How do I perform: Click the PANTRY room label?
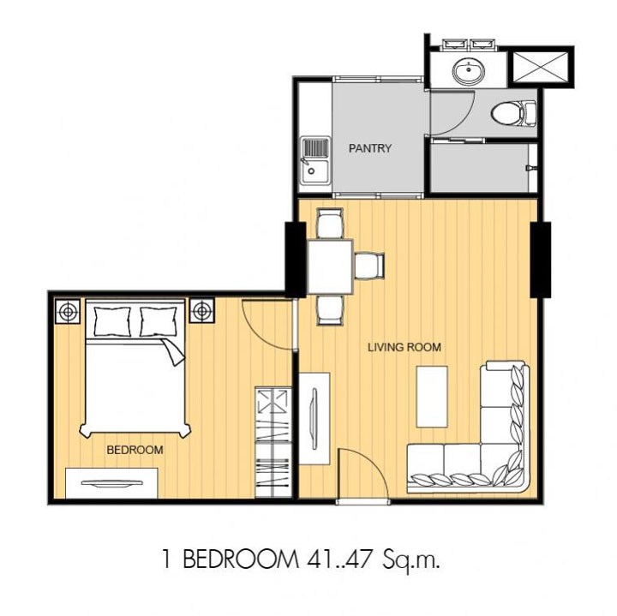click(370, 148)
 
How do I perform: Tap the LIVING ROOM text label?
click(404, 347)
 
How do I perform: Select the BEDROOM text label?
click(135, 450)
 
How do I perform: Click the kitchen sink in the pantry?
click(315, 160)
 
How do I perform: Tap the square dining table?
click(330, 266)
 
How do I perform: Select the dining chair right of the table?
click(369, 266)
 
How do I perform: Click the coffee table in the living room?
click(432, 397)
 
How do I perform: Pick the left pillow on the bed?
click(112, 321)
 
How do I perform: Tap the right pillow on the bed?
click(159, 321)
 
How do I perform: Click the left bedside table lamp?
click(68, 312)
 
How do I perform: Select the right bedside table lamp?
click(202, 311)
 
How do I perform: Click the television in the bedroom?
click(111, 483)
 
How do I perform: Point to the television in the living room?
click(314, 418)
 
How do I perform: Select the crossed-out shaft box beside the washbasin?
click(541, 67)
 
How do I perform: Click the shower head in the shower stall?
click(530, 168)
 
